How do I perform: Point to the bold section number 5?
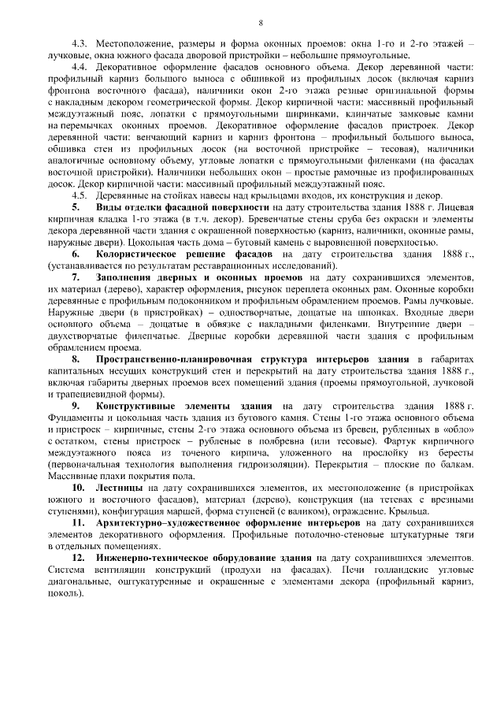click(76, 206)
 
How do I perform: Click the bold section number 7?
click(76, 279)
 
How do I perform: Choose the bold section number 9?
click(76, 406)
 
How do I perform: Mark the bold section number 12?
click(79, 557)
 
